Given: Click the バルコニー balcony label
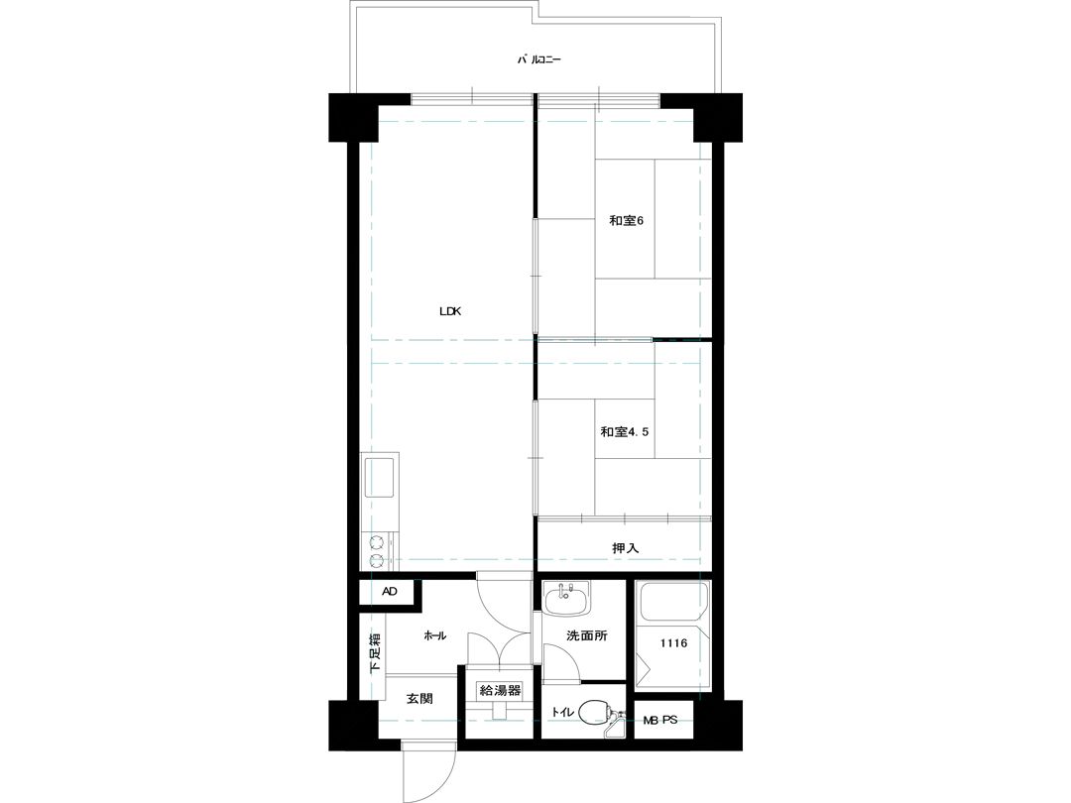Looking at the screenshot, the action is pos(538,60).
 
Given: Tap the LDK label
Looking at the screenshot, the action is pos(451,311).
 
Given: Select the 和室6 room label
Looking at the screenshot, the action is pos(627,220).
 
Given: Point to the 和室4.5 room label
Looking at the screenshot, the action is pos(625,431).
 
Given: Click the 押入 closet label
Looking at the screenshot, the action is pos(625,547).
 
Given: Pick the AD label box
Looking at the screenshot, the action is pos(390,591).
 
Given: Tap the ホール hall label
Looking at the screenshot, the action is pos(435,635).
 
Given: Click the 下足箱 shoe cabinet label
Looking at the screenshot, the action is pos(375,653).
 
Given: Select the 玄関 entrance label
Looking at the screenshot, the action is pos(419,699).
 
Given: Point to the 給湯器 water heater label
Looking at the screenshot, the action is pos(500,690).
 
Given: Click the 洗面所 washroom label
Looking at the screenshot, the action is pos(587,635).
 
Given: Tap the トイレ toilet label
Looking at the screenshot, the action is pos(563,712).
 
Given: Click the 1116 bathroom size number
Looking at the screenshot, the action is pos(673,643).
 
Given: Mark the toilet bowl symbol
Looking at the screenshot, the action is pos(594,712).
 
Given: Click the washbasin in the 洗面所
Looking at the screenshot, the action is pos(567,602).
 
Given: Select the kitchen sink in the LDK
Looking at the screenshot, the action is pos(379,477).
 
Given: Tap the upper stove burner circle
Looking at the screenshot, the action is pos(376,543).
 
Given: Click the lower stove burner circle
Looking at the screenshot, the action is pos(376,562).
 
